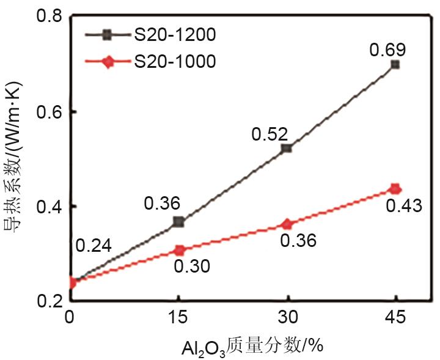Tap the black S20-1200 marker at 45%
395,64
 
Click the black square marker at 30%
287,149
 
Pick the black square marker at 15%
179,222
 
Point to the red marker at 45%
395,189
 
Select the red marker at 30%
287,224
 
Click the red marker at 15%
179,250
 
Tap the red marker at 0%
72,282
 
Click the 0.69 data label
387,48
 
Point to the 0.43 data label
404,206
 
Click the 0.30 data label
192,266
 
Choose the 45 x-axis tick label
395,318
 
